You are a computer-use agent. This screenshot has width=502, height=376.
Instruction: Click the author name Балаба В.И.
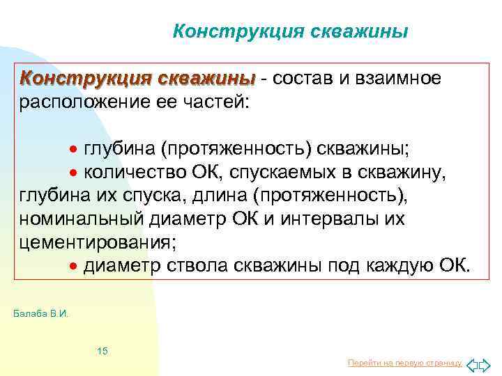coord(41,314)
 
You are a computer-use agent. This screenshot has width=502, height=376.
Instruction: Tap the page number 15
coord(102,350)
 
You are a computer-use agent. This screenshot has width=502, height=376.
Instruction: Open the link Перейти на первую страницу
coord(404,363)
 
